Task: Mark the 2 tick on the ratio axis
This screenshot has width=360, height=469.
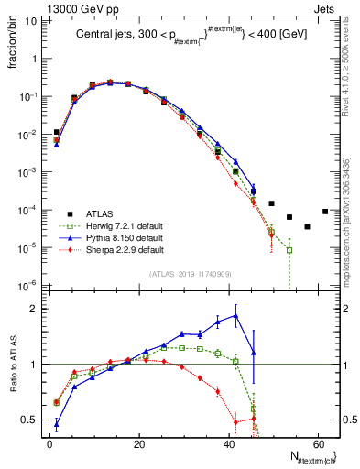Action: click(x=38, y=309)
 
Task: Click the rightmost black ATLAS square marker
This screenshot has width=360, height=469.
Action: click(x=325, y=212)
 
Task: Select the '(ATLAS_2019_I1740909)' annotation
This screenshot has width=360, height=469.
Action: click(x=191, y=274)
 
